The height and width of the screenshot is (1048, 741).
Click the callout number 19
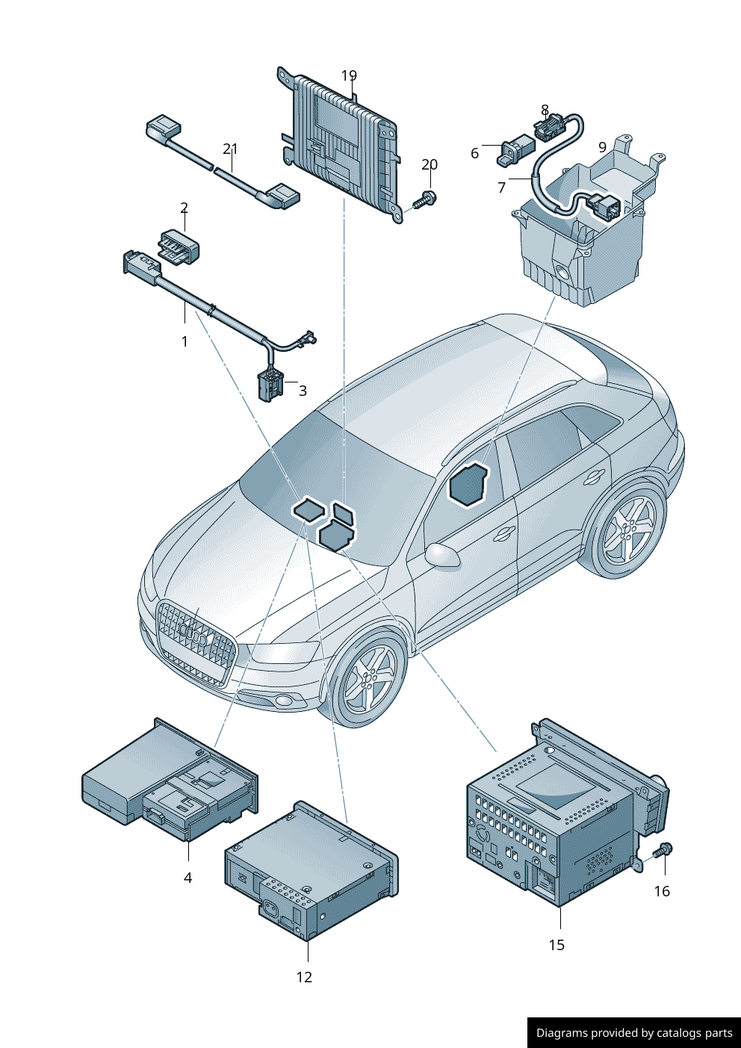[349, 75]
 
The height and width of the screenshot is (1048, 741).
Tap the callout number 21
[230, 149]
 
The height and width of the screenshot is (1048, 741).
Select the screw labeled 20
[425, 199]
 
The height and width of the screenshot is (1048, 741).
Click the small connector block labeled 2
[179, 247]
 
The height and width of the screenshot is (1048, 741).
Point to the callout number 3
[303, 391]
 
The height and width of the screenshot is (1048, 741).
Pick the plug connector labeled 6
[515, 149]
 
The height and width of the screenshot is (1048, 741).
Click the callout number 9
[602, 147]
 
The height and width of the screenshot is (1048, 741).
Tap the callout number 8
[545, 111]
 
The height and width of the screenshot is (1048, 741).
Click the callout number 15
[556, 945]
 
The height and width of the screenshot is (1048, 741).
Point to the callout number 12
[304, 977]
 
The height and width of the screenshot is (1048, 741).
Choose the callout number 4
[187, 878]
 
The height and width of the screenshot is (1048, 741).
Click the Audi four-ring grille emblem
[193, 636]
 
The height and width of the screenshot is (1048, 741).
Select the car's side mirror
[443, 555]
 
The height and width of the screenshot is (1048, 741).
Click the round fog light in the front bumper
[284, 701]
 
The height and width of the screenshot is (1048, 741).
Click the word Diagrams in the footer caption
[561, 1033]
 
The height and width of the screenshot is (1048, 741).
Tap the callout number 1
[185, 341]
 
